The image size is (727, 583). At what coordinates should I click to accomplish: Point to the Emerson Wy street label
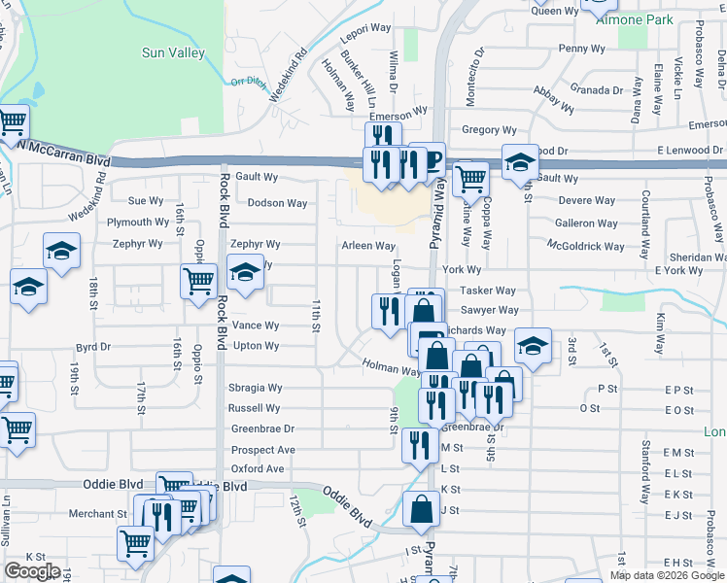click(398, 113)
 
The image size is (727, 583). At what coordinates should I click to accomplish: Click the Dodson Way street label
click(277, 203)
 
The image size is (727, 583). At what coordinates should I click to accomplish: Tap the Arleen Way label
click(367, 246)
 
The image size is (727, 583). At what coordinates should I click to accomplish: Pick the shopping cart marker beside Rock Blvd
click(198, 281)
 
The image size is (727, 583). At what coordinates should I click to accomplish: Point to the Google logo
click(32, 572)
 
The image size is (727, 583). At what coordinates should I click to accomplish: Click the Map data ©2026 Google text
click(667, 575)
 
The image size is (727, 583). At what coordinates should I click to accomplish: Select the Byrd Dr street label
click(94, 346)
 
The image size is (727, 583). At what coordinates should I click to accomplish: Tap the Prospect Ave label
click(262, 450)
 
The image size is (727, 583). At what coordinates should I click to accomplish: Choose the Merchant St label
click(97, 513)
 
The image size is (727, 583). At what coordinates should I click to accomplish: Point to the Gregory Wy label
click(489, 129)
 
